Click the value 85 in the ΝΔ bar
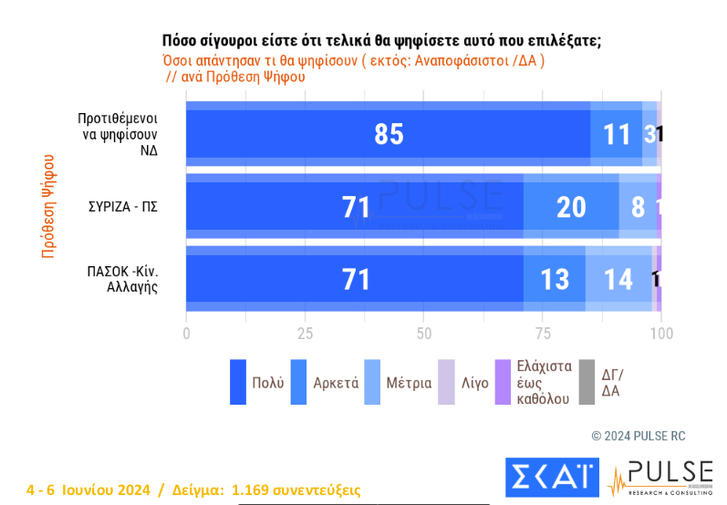(389, 135)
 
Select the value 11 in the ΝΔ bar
(617, 135)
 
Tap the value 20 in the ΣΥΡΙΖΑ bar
(571, 208)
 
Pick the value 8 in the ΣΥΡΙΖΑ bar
(639, 208)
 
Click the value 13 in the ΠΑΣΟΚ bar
(555, 280)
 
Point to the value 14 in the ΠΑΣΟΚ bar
(618, 280)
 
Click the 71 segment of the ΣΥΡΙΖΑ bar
(356, 208)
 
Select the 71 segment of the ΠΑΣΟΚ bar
(356, 280)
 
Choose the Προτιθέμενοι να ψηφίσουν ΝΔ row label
(119, 134)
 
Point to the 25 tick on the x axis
(305, 334)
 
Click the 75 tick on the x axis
(542, 334)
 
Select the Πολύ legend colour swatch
(238, 382)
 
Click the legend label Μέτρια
(409, 383)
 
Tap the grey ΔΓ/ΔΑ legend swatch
(586, 382)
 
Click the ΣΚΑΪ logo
(552, 477)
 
